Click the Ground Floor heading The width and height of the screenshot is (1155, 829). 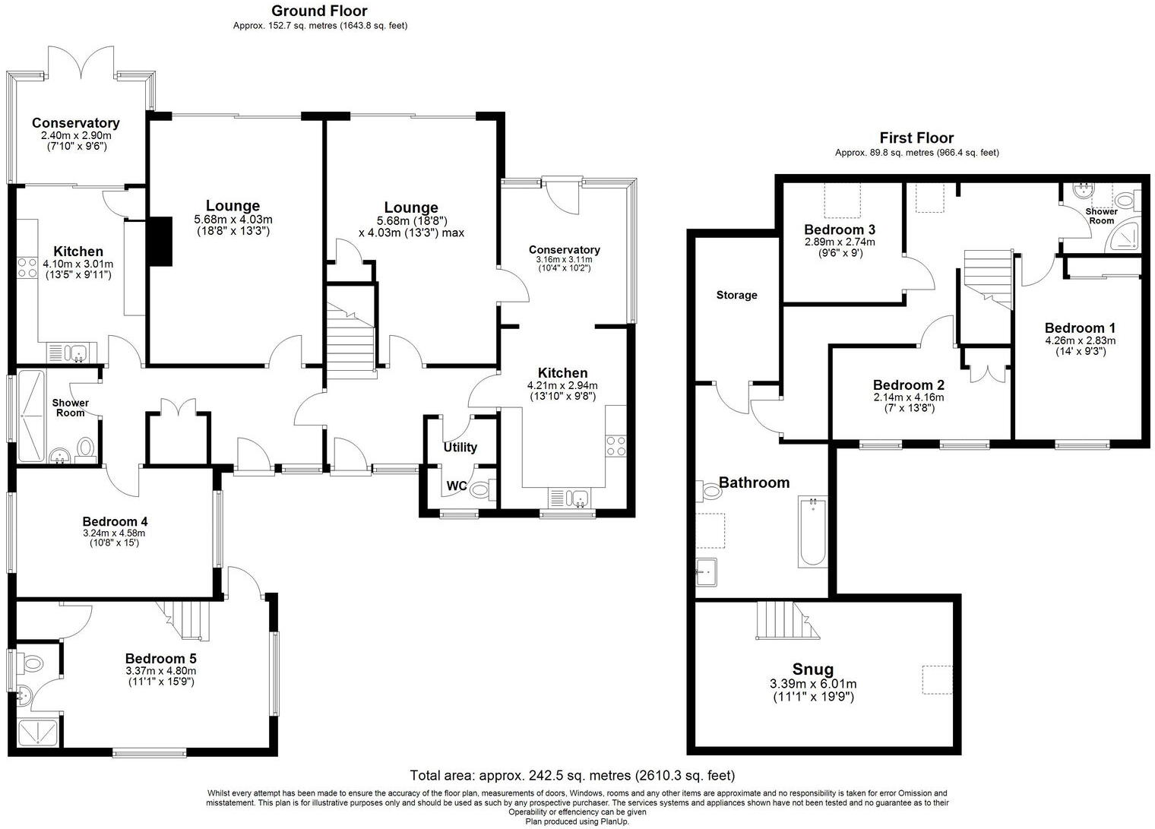[x=319, y=11]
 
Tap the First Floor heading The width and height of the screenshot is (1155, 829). [x=916, y=138]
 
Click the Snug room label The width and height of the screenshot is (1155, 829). [x=812, y=669]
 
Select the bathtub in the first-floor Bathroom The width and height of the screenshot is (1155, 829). [x=813, y=532]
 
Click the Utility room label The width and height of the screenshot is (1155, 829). [x=460, y=448]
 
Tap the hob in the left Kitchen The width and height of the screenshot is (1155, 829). [x=28, y=267]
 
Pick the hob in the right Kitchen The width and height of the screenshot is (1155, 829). [x=615, y=445]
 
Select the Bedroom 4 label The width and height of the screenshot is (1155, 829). [x=115, y=521]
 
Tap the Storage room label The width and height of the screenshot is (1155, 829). [x=736, y=295]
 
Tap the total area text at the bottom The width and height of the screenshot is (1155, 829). [x=572, y=776]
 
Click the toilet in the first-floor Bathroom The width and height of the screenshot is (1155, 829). [x=711, y=492]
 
